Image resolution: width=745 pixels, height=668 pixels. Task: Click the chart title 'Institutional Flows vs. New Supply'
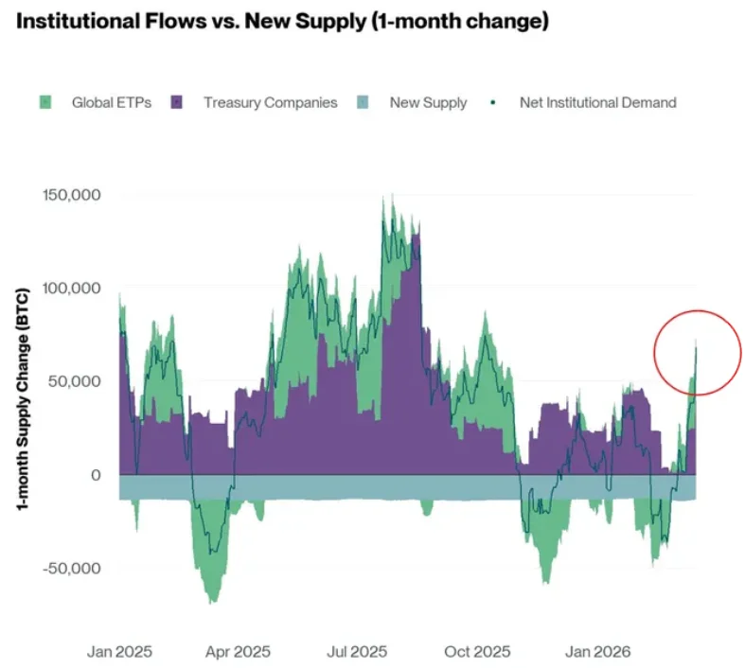[191, 22]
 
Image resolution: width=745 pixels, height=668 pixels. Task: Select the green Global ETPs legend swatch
[45, 102]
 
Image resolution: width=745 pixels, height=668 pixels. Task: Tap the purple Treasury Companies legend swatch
[176, 102]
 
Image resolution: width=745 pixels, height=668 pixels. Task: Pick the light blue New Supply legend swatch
[363, 102]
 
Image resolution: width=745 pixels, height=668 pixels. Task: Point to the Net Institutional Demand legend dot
[492, 102]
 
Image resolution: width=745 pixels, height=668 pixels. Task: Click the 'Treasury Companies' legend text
[271, 102]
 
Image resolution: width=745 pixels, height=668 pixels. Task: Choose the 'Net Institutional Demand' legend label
[597, 102]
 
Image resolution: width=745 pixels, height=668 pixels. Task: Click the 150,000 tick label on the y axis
[72, 195]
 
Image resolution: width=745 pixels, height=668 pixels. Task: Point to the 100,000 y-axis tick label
[72, 288]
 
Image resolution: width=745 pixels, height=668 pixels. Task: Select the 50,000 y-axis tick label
[74, 380]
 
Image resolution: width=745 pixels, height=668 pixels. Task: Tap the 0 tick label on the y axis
[96, 475]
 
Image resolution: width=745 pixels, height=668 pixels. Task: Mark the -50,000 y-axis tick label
[72, 568]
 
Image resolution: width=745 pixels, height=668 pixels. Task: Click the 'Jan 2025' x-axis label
[119, 651]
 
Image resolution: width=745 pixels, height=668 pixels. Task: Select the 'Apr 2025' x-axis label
[238, 651]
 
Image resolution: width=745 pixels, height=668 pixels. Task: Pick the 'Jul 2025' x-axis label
[357, 651]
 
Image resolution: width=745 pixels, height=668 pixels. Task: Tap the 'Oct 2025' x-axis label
[477, 651]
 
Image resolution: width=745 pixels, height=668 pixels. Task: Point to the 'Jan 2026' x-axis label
[597, 651]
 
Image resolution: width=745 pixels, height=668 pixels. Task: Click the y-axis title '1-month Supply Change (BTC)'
[23, 398]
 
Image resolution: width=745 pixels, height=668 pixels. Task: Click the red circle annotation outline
[655, 353]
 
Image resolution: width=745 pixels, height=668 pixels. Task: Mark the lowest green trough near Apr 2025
[212, 602]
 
